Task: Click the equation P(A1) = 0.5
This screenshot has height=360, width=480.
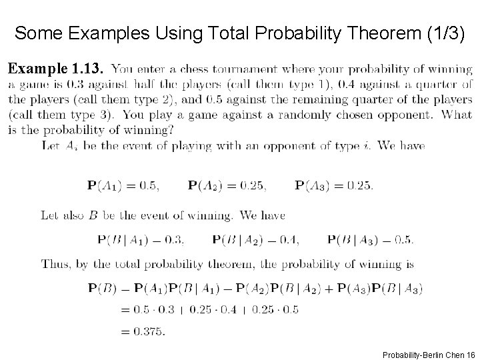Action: (123, 185)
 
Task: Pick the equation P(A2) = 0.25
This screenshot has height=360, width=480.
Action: (227, 185)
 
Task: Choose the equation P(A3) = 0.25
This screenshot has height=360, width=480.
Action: (333, 185)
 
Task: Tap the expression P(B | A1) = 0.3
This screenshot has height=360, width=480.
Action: (141, 239)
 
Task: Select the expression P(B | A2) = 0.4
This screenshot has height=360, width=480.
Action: (255, 239)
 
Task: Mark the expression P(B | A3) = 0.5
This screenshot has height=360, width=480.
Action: (371, 239)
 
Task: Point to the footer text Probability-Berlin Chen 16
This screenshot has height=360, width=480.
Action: (425, 354)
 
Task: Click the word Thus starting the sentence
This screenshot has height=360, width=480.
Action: (55, 264)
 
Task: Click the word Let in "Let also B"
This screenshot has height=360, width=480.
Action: (50, 215)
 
